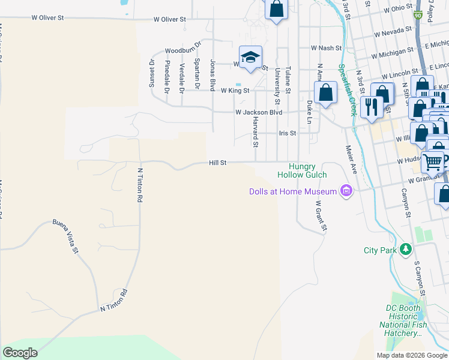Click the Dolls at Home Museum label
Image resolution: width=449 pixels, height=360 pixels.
(293, 191)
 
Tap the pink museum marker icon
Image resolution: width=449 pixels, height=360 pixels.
(346, 191)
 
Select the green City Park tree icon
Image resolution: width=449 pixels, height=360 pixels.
(406, 249)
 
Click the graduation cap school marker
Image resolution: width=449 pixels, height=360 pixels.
(250, 57)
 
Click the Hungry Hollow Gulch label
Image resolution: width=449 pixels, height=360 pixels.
(302, 170)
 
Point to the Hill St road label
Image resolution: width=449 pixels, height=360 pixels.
(217, 162)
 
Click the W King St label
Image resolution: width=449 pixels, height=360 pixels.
(235, 91)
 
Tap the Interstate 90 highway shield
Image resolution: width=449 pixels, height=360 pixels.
(418, 14)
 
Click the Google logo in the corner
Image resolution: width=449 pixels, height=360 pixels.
(20, 353)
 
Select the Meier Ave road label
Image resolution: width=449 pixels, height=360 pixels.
(351, 160)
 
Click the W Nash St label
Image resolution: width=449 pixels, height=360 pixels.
(326, 48)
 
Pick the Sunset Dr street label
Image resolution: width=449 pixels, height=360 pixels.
(152, 73)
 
